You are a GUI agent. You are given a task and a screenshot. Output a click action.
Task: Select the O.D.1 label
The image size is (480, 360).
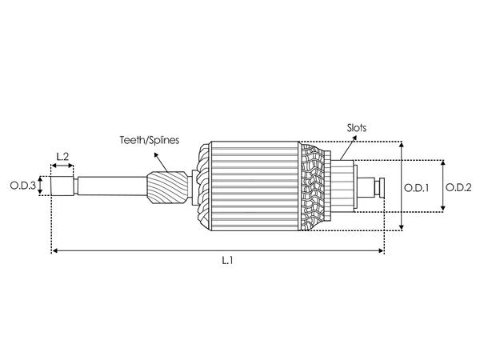(417, 187)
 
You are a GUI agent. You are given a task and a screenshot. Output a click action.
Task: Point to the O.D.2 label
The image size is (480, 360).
(458, 187)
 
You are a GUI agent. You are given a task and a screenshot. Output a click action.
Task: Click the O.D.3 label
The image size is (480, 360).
(22, 186)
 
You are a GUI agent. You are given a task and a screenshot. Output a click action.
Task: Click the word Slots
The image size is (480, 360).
(358, 127)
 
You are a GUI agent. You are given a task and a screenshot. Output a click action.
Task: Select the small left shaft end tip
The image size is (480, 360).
(61, 187)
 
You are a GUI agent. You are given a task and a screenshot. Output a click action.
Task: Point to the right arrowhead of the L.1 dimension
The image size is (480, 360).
(381, 251)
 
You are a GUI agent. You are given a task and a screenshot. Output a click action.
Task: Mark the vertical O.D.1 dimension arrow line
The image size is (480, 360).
(402, 187)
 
